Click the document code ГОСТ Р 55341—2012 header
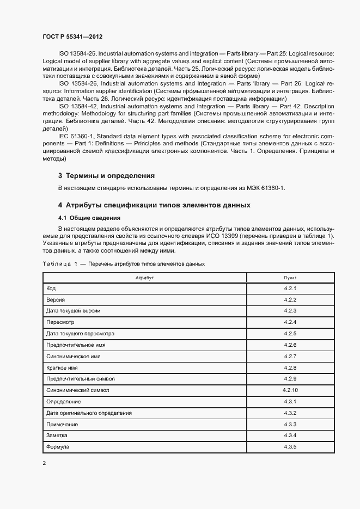(72, 36)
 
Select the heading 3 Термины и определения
(107, 176)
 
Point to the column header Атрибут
(144, 278)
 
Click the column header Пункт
(290, 278)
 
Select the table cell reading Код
(51, 288)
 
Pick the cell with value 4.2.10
(290, 390)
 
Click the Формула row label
(58, 447)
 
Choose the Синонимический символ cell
(78, 390)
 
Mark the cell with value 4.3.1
(290, 402)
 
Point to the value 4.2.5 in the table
(290, 333)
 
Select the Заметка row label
(58, 436)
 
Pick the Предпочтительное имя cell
(76, 345)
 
